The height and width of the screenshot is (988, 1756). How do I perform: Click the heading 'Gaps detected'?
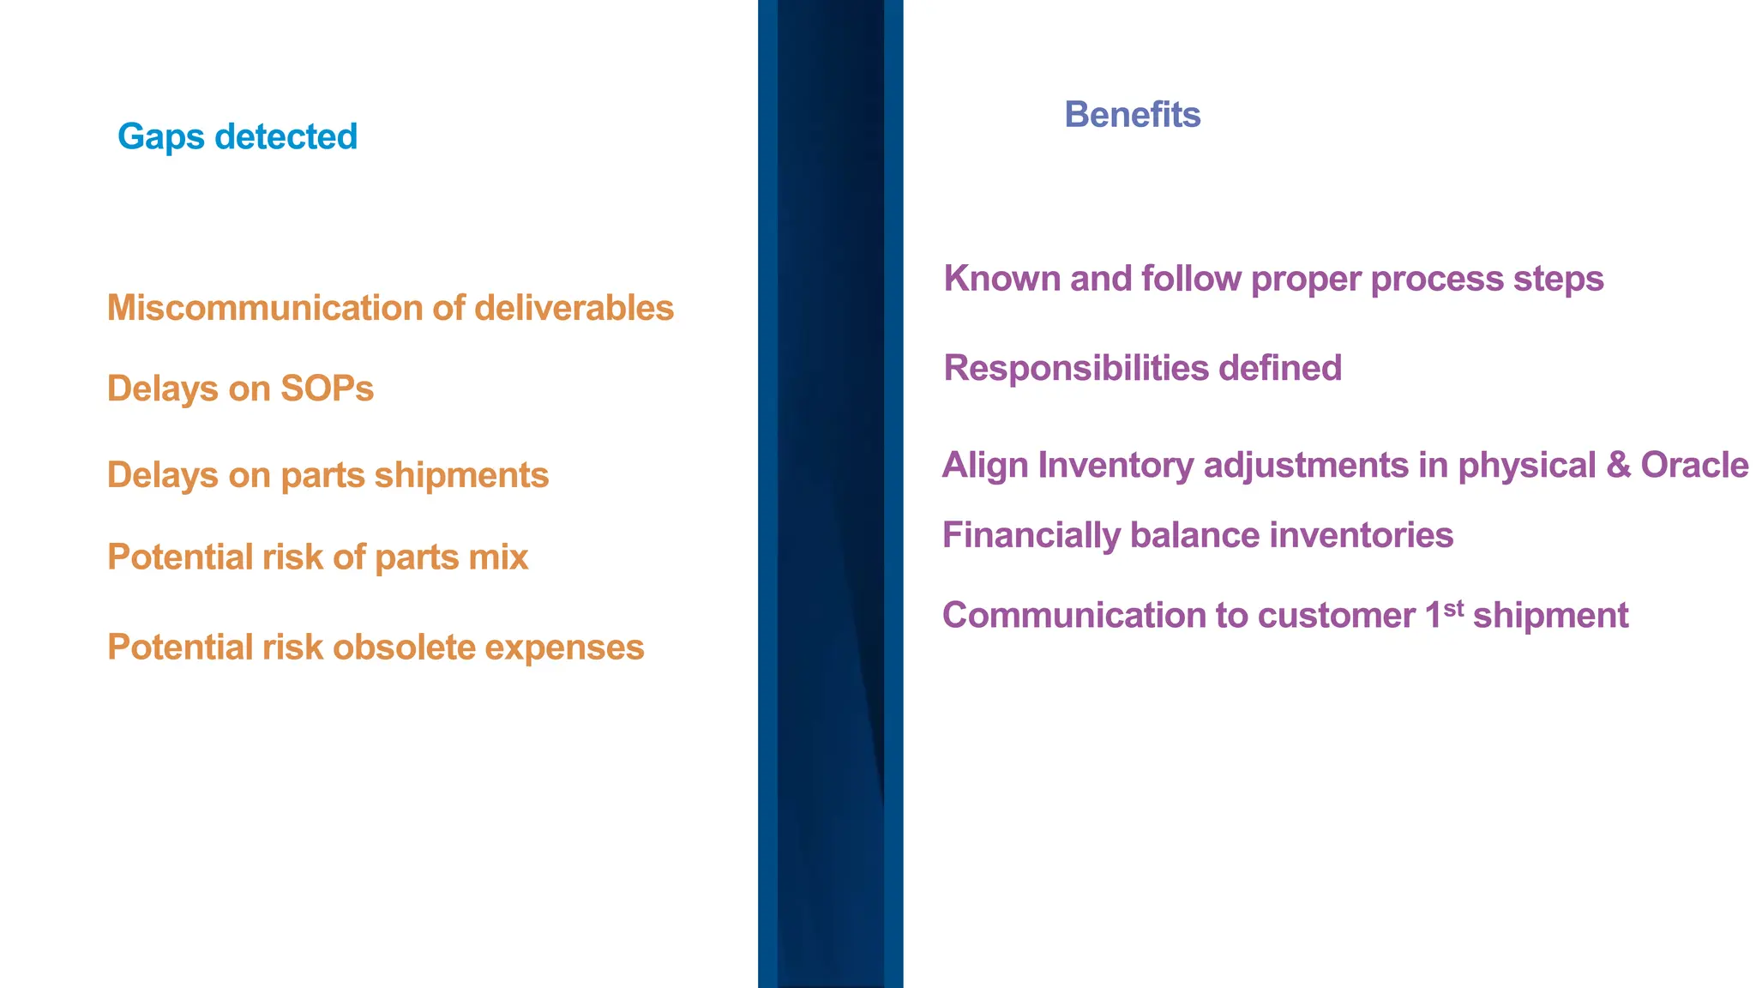(x=238, y=137)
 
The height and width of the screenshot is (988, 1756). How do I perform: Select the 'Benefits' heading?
(x=1132, y=115)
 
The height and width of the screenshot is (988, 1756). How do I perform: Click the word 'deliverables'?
(x=574, y=309)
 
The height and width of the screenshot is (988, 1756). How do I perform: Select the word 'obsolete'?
(x=404, y=648)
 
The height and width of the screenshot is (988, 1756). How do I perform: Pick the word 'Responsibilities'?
(x=1075, y=369)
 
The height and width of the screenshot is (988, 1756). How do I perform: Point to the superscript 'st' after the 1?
(x=1453, y=608)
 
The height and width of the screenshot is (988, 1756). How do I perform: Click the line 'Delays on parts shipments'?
(x=328, y=476)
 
